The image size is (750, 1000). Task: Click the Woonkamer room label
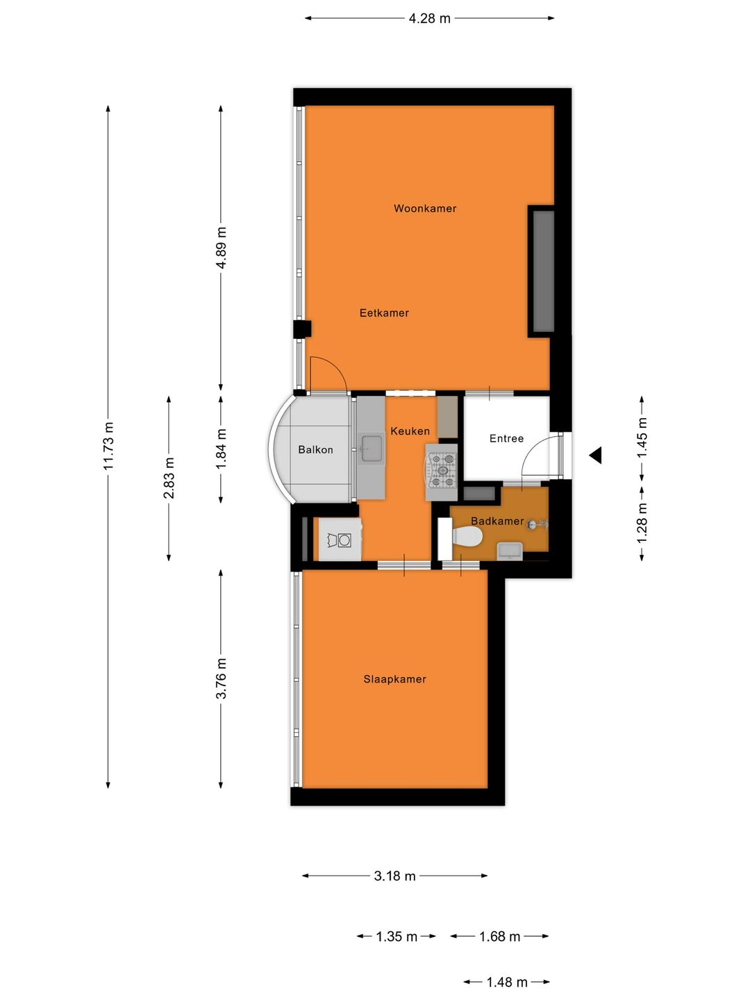(424, 208)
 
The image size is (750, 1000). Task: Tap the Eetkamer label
(384, 313)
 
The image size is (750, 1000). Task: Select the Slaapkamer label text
(394, 679)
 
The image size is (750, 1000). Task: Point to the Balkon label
(315, 450)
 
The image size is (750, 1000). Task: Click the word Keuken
(410, 431)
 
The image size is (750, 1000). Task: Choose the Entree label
(506, 439)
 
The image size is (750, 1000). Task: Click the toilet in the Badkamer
(467, 536)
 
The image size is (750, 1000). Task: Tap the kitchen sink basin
(372, 448)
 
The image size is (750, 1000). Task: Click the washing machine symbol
(340, 540)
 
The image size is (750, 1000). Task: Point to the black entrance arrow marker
(595, 456)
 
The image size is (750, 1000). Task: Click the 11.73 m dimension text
(108, 446)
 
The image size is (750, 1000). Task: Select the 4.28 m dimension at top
(429, 19)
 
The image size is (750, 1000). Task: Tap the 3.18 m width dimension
(394, 876)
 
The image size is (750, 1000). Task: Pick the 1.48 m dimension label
(506, 982)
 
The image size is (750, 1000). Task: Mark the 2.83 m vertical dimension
(169, 478)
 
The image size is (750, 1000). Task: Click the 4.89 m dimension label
(221, 248)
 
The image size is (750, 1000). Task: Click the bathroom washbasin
(510, 551)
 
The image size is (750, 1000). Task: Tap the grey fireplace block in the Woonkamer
(543, 271)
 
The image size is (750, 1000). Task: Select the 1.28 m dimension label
(642, 523)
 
